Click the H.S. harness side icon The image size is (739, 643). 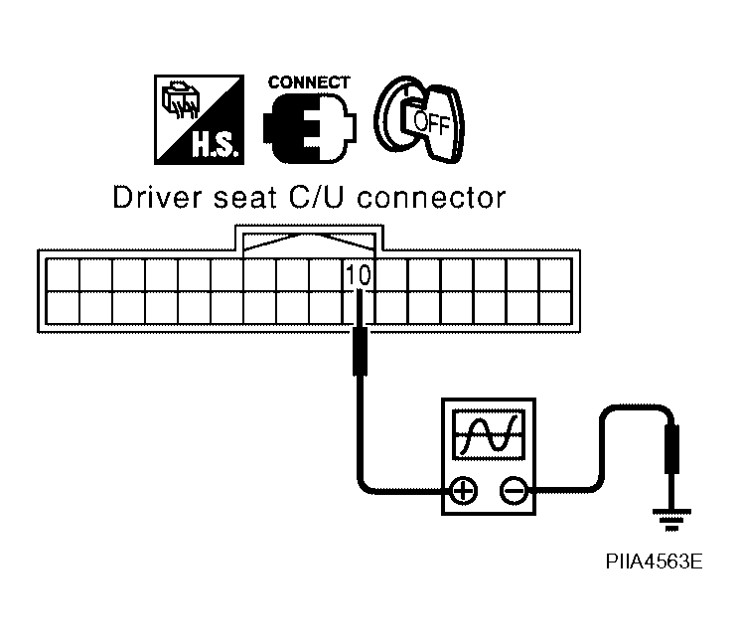[199, 119]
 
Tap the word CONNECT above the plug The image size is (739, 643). [309, 82]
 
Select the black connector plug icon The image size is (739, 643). [310, 128]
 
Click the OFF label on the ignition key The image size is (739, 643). [431, 123]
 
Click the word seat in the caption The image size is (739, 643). [244, 198]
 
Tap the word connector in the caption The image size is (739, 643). [431, 198]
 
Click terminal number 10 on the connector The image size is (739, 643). [359, 275]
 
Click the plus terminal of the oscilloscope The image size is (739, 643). [464, 491]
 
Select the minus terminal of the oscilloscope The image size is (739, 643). [514, 491]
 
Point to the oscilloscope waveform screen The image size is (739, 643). [489, 434]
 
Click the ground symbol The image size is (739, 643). [671, 520]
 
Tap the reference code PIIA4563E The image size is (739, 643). [654, 562]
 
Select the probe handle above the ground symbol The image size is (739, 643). [671, 448]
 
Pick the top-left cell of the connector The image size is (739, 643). [63, 275]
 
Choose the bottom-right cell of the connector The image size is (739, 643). [555, 307]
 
